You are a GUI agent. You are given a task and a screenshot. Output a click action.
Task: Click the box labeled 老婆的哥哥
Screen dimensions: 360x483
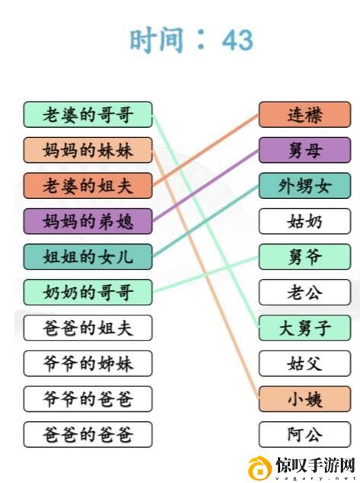pos(88,114)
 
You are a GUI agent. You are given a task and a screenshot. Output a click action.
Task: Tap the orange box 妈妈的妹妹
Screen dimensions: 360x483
pos(88,150)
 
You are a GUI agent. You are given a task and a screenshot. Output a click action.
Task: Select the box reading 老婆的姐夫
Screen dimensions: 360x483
pos(88,185)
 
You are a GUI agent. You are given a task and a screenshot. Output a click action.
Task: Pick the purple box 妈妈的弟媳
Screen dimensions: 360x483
pos(88,221)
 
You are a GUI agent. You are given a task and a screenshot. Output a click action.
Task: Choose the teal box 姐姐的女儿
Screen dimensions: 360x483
pos(88,257)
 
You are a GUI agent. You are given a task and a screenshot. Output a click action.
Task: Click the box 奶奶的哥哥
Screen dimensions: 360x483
pos(88,292)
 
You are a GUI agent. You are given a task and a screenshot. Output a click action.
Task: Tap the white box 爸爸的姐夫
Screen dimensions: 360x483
pos(88,328)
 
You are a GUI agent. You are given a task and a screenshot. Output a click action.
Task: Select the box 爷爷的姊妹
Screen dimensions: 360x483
pos(88,363)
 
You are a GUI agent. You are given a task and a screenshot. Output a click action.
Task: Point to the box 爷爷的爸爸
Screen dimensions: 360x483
pos(88,398)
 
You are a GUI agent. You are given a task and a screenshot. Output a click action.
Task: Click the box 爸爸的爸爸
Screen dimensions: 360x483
pos(88,434)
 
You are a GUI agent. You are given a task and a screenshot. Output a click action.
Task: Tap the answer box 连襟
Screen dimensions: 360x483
pos(304,114)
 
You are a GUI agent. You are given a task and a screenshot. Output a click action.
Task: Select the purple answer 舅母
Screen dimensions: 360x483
pos(304,150)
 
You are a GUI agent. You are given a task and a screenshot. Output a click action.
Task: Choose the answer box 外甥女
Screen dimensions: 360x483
pos(304,185)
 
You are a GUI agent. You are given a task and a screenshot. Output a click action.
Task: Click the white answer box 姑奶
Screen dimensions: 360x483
pos(304,221)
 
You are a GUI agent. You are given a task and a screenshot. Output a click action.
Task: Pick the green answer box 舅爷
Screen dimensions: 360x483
pos(304,257)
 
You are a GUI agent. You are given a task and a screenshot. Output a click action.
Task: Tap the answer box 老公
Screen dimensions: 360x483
pos(304,292)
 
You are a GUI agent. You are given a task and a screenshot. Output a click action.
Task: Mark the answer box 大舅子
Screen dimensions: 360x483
pos(304,328)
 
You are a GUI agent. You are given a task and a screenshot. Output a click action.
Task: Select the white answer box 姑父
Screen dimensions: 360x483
pos(304,363)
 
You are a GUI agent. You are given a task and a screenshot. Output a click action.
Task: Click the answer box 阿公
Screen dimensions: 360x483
pos(304,434)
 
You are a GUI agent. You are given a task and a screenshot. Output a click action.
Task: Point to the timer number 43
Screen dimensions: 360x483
pos(237,40)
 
